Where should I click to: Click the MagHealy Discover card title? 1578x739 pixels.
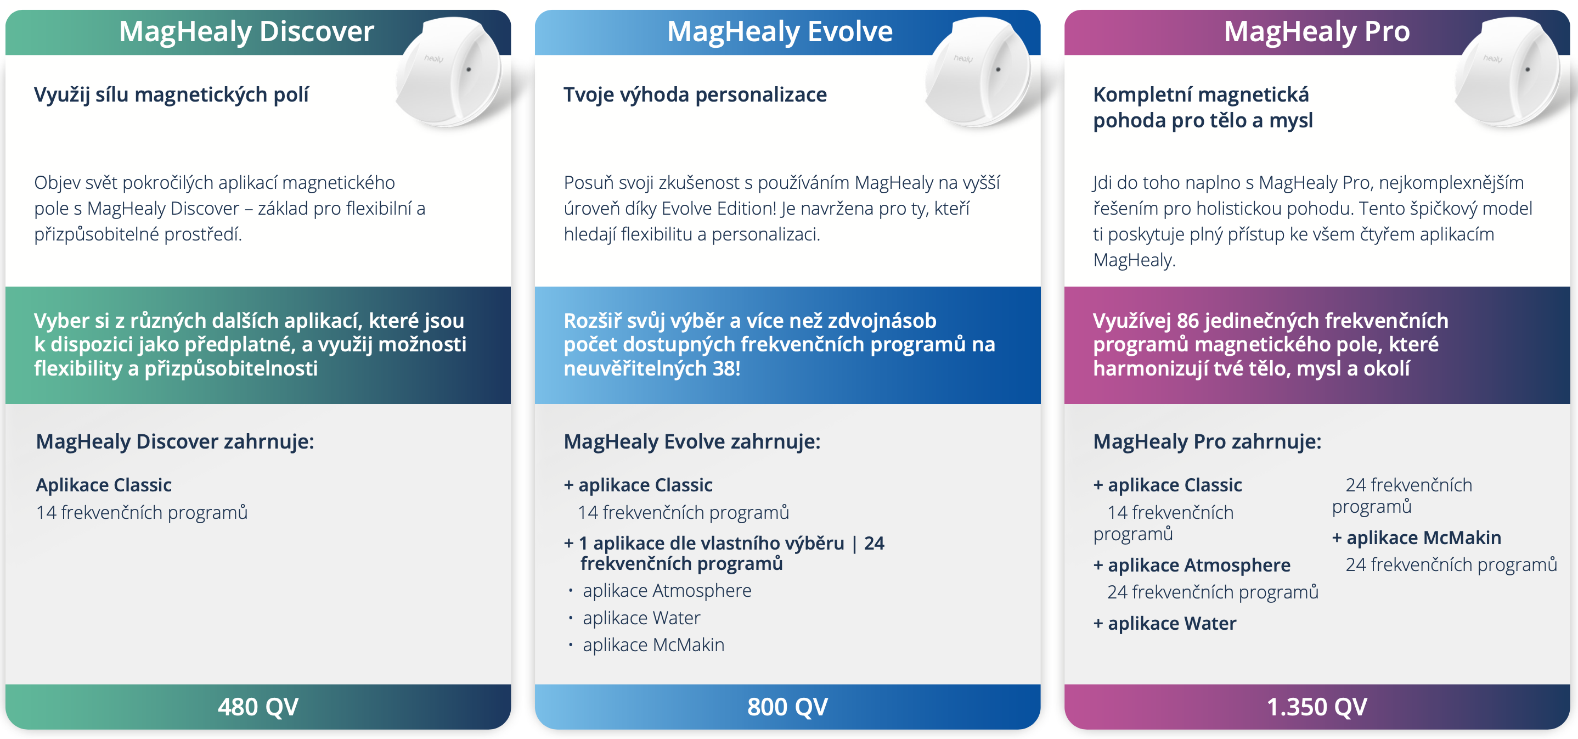[246, 32]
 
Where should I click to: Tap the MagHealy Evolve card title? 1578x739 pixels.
[780, 32]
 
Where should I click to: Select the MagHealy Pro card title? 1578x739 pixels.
[1317, 32]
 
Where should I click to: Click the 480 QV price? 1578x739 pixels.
[258, 707]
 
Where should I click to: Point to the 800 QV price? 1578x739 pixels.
[787, 707]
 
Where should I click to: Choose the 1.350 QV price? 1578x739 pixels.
[1317, 707]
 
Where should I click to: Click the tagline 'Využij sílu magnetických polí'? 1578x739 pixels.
[172, 95]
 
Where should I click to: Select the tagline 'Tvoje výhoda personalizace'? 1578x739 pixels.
[695, 95]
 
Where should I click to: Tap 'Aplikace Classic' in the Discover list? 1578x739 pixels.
[104, 485]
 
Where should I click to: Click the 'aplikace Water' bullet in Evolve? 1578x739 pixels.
[641, 618]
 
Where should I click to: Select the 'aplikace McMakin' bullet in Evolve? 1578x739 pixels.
[653, 645]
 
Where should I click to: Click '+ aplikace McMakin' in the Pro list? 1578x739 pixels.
[1417, 538]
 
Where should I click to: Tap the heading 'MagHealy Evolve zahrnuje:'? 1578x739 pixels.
[692, 442]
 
